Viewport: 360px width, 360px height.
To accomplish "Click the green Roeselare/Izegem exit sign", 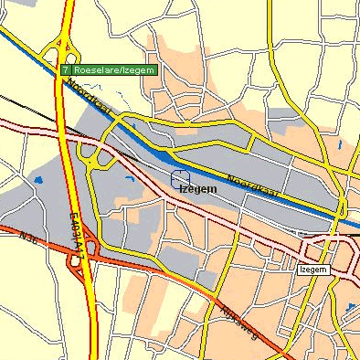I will tap(109, 69).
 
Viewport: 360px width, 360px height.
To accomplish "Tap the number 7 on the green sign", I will tap(66, 69).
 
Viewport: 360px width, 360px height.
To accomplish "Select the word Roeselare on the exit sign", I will tap(96, 69).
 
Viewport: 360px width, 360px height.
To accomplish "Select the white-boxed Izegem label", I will tap(312, 270).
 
